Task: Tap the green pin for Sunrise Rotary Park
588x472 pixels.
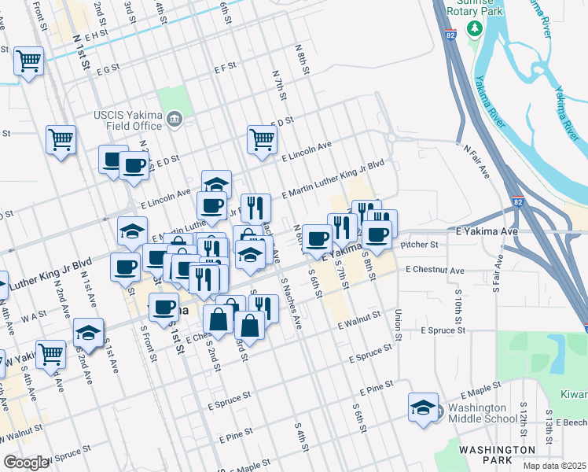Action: (473, 29)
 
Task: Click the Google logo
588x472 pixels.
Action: (26, 462)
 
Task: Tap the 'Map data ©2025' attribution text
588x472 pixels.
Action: (554, 466)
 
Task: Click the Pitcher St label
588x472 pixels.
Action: (418, 245)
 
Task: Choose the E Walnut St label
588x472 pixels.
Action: (359, 319)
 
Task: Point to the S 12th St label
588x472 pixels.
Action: (523, 417)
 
